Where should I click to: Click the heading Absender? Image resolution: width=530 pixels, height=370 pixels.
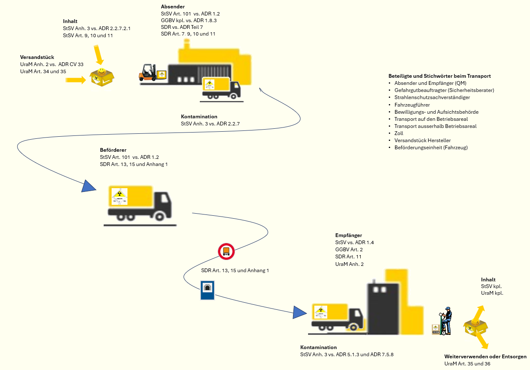pyautogui.click(x=173, y=7)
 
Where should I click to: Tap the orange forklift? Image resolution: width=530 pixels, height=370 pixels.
pyautogui.click(x=148, y=72)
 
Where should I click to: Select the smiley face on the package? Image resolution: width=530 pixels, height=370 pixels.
pyautogui.click(x=102, y=71)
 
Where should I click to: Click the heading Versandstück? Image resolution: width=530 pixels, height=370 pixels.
pyautogui.click(x=37, y=57)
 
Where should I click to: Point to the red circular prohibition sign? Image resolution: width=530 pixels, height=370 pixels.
pyautogui.click(x=226, y=251)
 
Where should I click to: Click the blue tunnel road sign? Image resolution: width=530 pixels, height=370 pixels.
pyautogui.click(x=207, y=290)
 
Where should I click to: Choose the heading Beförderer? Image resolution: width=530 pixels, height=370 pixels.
pyautogui.click(x=113, y=150)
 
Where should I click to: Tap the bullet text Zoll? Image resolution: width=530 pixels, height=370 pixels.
pyautogui.click(x=399, y=133)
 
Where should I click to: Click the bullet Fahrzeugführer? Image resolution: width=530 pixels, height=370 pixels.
pyautogui.click(x=412, y=105)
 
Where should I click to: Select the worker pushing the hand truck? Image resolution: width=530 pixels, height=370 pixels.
pyautogui.click(x=445, y=321)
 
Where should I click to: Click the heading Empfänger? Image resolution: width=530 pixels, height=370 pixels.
pyautogui.click(x=349, y=235)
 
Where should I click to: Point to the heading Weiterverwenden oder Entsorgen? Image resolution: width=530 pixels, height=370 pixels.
pyautogui.click(x=485, y=357)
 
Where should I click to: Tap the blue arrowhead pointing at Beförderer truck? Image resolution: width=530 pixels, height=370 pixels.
pyautogui.click(x=88, y=186)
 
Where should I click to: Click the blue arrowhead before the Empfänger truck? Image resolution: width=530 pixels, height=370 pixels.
pyautogui.click(x=300, y=312)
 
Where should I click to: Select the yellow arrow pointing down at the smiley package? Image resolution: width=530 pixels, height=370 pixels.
pyautogui.click(x=99, y=55)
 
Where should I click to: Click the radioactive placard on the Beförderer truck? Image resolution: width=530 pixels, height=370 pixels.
pyautogui.click(x=120, y=196)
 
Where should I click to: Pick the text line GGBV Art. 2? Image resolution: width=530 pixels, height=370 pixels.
pyautogui.click(x=349, y=250)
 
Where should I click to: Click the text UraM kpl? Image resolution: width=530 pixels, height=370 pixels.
pyautogui.click(x=492, y=293)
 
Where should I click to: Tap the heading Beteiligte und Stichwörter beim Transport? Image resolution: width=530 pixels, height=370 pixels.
pyautogui.click(x=439, y=76)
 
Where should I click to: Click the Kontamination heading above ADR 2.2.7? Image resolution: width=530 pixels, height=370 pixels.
pyautogui.click(x=199, y=117)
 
